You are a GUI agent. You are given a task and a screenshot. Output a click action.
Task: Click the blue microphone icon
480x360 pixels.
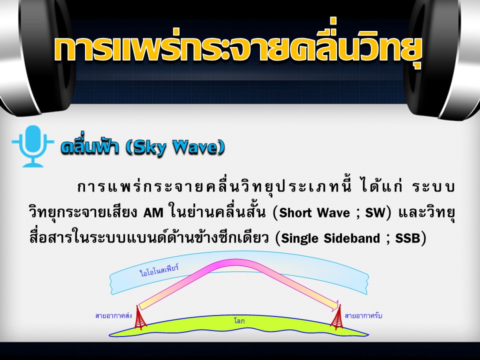pos(33,145)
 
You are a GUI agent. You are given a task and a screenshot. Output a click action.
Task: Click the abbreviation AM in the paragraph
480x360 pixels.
pos(153,213)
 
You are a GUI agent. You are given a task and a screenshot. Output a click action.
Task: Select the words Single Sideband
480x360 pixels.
pos(330,238)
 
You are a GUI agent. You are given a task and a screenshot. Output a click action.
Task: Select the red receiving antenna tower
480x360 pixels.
pos(337,317)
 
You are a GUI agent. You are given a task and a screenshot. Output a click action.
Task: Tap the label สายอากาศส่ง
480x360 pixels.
pos(113,315)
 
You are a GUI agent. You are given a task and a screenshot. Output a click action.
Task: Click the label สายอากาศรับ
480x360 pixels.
pos(363,315)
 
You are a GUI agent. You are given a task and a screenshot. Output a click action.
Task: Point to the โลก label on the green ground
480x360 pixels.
pos(239,321)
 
